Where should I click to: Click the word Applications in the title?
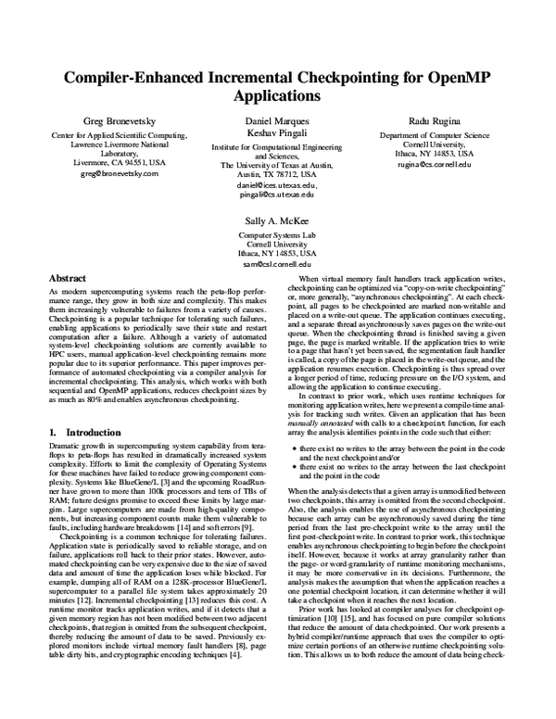coord(277,95)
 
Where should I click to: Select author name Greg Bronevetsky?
coord(120,122)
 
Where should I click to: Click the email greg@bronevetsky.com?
coord(120,173)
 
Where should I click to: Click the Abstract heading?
coord(67,278)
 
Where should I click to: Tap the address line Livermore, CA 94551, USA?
coord(120,161)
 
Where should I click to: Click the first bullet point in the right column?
coord(295,448)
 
